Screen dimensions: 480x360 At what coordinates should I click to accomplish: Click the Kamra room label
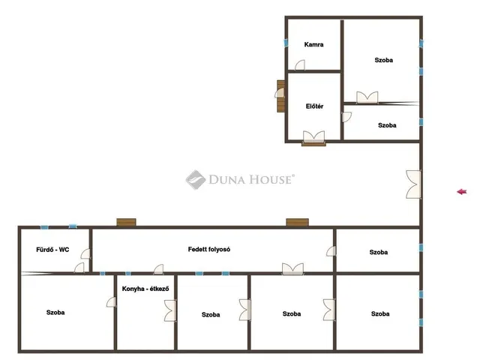[313, 45]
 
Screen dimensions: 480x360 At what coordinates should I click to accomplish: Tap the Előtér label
[314, 106]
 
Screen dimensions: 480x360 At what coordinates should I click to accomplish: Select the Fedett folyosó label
[209, 250]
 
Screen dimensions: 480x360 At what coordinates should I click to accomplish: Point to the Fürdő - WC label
[52, 250]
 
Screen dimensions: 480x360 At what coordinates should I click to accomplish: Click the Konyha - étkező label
[145, 289]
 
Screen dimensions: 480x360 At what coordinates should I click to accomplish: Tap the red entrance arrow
[462, 192]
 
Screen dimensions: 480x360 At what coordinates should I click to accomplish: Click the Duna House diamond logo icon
[196, 180]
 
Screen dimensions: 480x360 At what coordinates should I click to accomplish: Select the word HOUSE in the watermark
[270, 179]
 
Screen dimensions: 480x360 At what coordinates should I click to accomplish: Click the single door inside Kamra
[300, 65]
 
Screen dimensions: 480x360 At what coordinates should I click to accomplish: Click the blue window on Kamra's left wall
[286, 43]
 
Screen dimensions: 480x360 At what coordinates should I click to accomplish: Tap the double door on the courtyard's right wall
[414, 184]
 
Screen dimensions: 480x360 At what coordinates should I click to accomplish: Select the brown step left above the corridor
[126, 222]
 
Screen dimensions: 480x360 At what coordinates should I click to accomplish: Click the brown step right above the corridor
[297, 222]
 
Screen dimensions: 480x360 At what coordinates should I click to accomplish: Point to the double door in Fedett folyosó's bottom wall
[293, 268]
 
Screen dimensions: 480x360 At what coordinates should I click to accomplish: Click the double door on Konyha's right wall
[170, 310]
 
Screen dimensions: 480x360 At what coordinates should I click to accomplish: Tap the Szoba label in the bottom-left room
[55, 313]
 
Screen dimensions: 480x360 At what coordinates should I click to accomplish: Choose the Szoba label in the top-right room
[383, 60]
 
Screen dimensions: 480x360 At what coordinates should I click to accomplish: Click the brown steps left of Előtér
[280, 96]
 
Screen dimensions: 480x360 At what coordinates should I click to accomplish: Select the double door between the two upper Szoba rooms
[367, 97]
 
